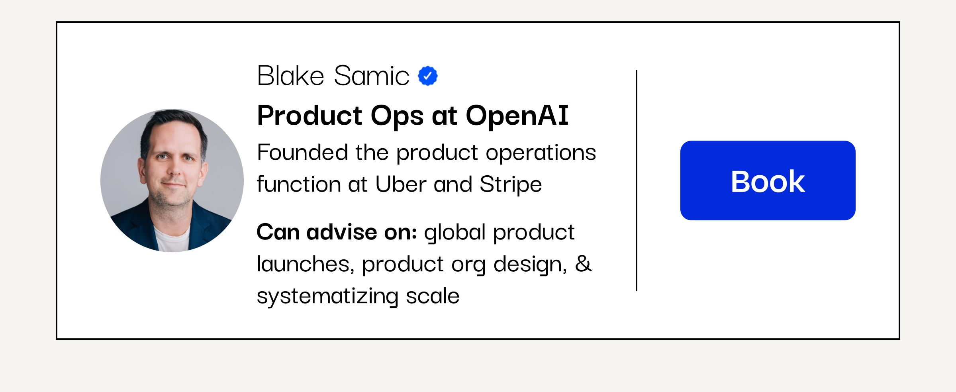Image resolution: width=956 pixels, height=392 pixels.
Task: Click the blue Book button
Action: tap(768, 180)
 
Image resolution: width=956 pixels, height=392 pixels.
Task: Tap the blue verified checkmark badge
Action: tap(428, 76)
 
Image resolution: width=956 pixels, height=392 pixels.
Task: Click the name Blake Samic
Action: tap(333, 76)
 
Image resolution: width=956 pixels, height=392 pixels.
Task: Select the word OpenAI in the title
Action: tap(517, 116)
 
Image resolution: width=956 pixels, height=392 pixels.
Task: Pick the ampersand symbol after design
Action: tap(584, 264)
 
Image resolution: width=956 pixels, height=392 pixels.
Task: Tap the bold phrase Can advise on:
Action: tap(337, 232)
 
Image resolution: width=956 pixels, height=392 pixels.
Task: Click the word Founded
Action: tap(302, 152)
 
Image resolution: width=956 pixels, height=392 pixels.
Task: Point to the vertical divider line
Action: tap(637, 180)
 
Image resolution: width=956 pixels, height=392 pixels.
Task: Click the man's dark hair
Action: tap(173, 125)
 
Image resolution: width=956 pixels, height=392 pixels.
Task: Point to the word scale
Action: tap(433, 296)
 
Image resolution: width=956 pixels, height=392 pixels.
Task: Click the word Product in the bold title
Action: tap(310, 116)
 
